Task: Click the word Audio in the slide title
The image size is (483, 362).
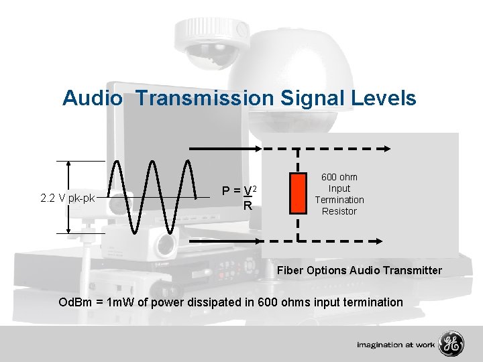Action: click(x=93, y=99)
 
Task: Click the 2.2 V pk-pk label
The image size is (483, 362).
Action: click(x=67, y=198)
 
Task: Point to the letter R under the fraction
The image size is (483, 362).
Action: click(x=248, y=206)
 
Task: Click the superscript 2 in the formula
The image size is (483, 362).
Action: click(x=256, y=187)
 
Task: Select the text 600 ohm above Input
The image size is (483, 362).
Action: click(x=339, y=177)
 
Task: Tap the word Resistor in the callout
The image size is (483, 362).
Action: click(x=339, y=211)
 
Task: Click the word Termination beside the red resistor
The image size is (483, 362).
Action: click(x=339, y=200)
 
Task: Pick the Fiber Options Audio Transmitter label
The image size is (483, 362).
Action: click(x=360, y=270)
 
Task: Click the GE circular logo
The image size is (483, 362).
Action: click(x=451, y=344)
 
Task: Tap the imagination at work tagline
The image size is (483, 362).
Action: click(x=395, y=345)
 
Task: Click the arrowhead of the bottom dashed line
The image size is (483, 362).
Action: click(x=379, y=241)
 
